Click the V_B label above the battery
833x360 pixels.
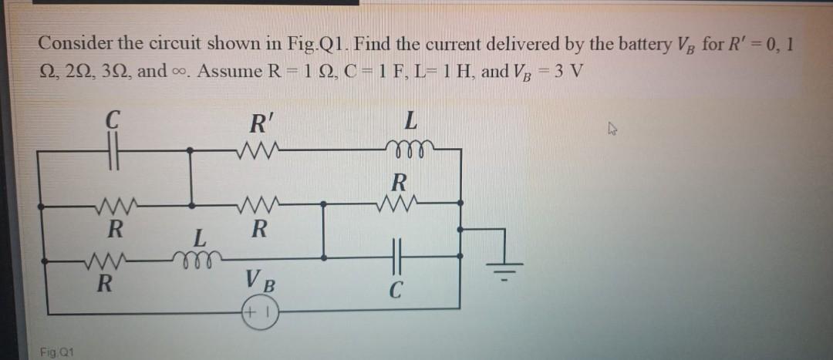tap(258, 280)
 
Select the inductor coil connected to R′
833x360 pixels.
tap(409, 150)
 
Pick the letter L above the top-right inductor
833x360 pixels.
tap(411, 123)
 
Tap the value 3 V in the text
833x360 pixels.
tap(568, 71)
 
